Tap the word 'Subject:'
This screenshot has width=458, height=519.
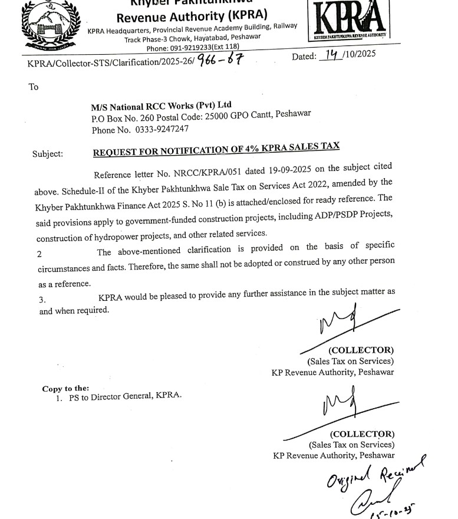point(47,154)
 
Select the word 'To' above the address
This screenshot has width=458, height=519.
point(34,87)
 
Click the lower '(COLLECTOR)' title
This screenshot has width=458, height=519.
point(362,435)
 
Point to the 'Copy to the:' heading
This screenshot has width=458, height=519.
point(65,389)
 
